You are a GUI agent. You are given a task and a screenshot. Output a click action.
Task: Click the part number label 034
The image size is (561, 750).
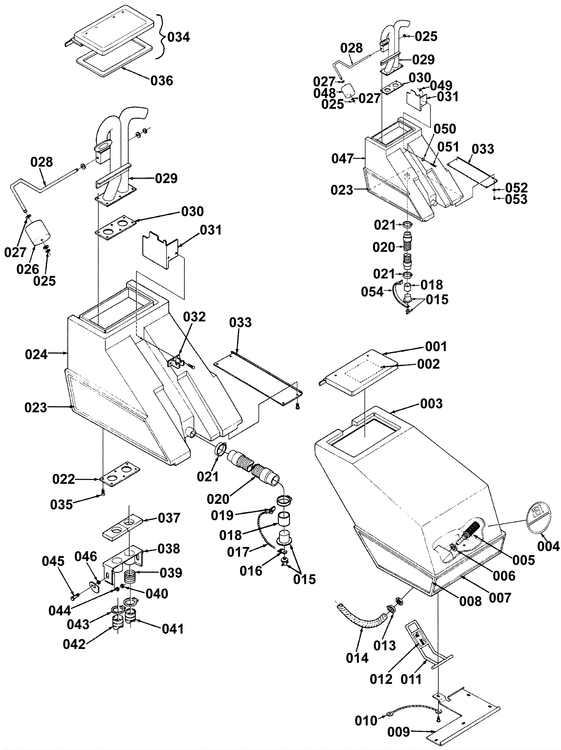click(x=178, y=37)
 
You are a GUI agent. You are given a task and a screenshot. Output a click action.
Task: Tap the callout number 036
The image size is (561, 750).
click(x=162, y=81)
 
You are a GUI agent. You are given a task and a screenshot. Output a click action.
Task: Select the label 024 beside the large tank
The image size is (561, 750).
click(x=36, y=354)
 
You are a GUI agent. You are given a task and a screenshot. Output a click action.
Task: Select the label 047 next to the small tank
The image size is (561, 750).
click(x=343, y=159)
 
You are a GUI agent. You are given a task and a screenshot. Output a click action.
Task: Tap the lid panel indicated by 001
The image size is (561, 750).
click(x=360, y=372)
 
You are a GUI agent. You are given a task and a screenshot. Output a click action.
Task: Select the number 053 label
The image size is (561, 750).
click(x=516, y=199)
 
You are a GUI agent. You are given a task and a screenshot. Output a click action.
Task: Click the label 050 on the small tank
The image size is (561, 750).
click(x=445, y=129)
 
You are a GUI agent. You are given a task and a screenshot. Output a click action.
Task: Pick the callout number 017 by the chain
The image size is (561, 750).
click(x=238, y=552)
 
